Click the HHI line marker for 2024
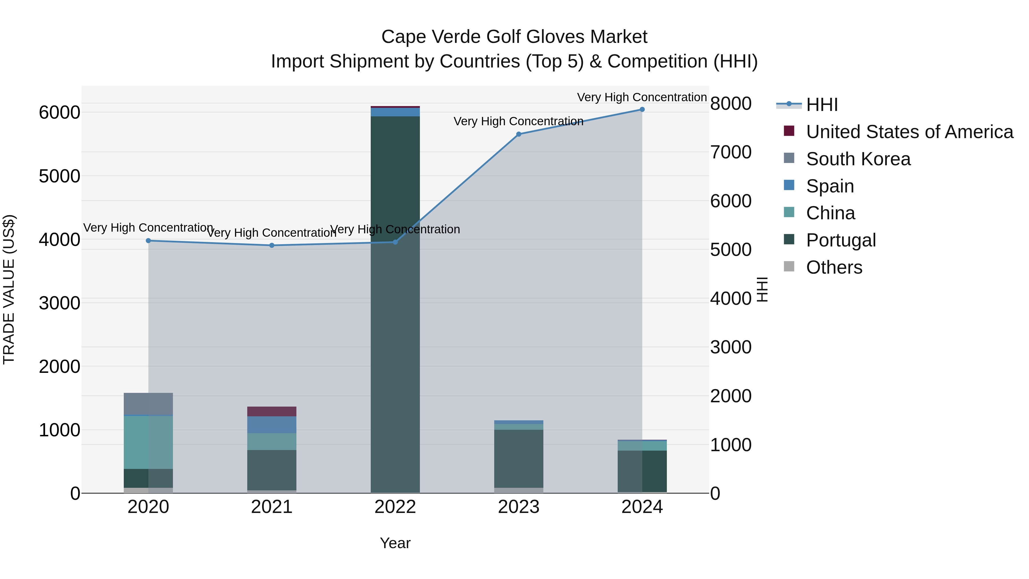(x=642, y=110)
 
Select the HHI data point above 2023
(x=519, y=134)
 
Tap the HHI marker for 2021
(x=272, y=245)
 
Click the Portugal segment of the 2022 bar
(x=395, y=304)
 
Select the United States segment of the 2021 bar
(x=272, y=411)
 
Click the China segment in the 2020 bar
(x=148, y=442)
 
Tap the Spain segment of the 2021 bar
(x=272, y=425)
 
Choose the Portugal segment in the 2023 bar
(x=519, y=458)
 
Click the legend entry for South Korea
(x=858, y=159)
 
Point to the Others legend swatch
(x=789, y=266)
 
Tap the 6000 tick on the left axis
(x=59, y=113)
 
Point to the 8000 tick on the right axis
(x=731, y=104)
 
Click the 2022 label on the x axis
(x=395, y=507)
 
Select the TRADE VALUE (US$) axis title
(x=9, y=289)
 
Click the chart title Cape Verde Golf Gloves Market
(x=514, y=37)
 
